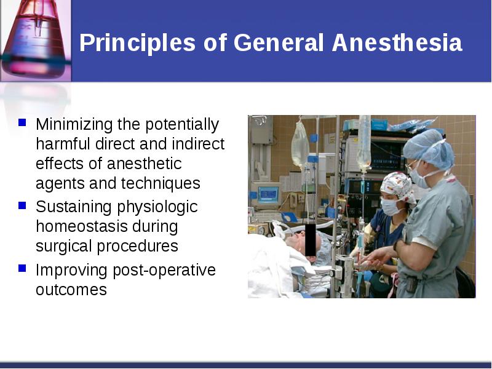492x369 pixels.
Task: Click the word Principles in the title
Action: pyautogui.click(x=137, y=43)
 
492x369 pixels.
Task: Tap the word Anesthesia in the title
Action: pyautogui.click(x=397, y=42)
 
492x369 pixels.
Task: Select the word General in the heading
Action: pyautogui.click(x=279, y=42)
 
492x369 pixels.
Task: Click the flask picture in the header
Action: pyautogui.click(x=36, y=40)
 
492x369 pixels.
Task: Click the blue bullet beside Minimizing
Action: pyautogui.click(x=22, y=122)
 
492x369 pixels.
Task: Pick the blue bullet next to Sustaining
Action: pyautogui.click(x=22, y=205)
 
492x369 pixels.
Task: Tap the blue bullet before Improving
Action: pyautogui.click(x=22, y=268)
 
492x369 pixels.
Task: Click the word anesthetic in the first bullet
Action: pyautogui.click(x=144, y=164)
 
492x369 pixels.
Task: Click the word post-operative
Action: pyautogui.click(x=164, y=271)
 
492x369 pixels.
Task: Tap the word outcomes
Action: pyautogui.click(x=71, y=290)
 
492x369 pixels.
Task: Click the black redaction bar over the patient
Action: pyautogui.click(x=311, y=240)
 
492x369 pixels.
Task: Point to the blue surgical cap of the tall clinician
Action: pyautogui.click(x=429, y=149)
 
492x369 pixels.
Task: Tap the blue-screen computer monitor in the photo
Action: pyautogui.click(x=268, y=194)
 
